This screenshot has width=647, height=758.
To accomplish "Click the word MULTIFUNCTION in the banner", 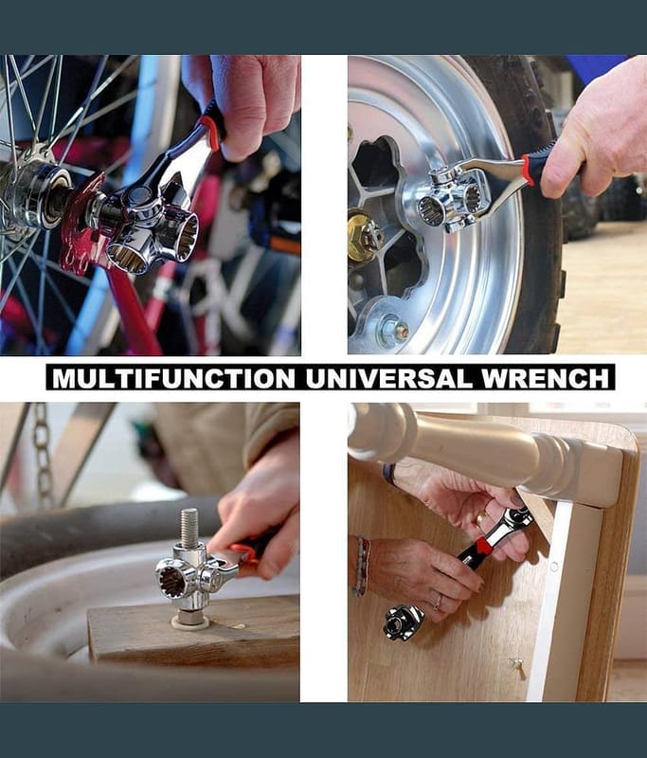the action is pos(173,378).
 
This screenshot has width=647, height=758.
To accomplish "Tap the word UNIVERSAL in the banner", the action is pos(388,378).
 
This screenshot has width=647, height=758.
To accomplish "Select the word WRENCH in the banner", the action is pos(546,378).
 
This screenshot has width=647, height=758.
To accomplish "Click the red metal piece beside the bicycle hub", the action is pos(82,223).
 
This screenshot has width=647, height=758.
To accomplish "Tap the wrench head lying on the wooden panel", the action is pos(403,623).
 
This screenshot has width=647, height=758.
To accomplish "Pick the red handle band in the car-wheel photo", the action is pos(529,171).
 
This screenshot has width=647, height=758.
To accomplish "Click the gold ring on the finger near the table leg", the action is pos(479,519).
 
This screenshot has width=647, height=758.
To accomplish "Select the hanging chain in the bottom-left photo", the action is pos(43,455).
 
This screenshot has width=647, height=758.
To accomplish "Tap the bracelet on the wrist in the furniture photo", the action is pos(362,566).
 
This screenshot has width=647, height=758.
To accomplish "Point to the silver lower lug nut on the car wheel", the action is pos(393,330).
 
